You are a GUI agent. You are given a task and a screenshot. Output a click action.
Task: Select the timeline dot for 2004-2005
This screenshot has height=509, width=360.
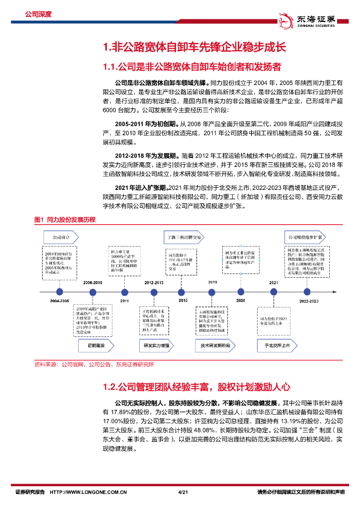pos(59,292)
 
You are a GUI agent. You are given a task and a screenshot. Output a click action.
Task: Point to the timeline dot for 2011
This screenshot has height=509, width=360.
pos(124,292)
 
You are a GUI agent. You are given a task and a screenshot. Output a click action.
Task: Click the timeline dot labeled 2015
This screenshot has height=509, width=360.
pos(183,292)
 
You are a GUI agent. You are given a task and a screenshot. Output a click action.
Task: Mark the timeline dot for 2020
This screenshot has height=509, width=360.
pos(241,292)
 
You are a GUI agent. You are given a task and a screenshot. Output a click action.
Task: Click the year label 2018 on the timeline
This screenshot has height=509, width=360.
pos(213,282)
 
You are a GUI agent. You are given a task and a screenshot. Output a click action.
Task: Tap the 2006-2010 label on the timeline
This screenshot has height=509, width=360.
pos(93,282)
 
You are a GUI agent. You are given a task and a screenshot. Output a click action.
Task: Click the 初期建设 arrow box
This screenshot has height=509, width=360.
pos(93,345)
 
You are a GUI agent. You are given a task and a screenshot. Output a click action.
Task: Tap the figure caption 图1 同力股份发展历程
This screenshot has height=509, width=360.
pos(65,219)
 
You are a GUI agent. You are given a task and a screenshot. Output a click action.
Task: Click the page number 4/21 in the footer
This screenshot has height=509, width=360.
pos(182,492)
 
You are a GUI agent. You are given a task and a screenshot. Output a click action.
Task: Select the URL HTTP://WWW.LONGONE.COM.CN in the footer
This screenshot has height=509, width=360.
pos(90,492)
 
